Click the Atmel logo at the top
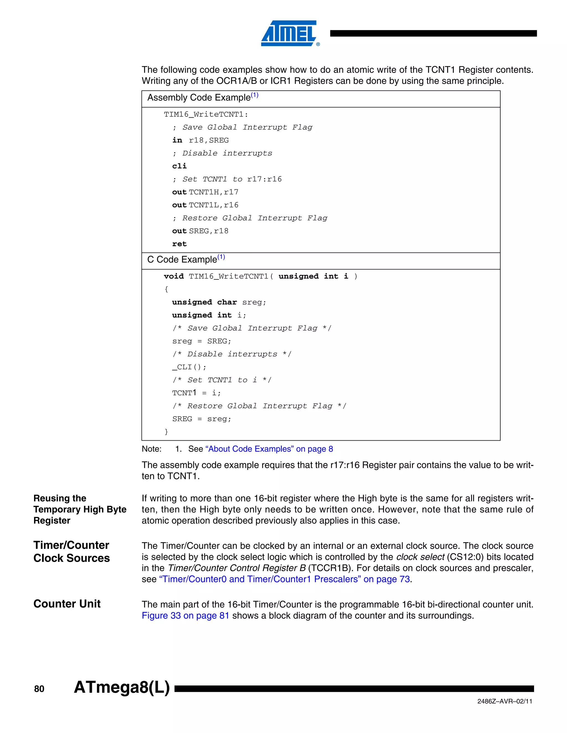[290, 33]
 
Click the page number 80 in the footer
[39, 689]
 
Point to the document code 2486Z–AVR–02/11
[504, 701]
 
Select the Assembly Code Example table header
[203, 98]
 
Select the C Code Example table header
[186, 259]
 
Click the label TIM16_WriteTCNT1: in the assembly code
[206, 115]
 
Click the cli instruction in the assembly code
[179, 166]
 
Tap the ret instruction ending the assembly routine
[179, 244]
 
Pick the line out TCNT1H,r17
[205, 192]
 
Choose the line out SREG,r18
[200, 231]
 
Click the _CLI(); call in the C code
[189, 367]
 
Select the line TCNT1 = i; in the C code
[196, 393]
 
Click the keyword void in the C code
[174, 276]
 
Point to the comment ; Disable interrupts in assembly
[222, 154]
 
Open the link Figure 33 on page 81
[185, 615]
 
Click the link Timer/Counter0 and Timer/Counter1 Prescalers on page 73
[284, 579]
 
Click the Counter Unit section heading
[67, 604]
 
